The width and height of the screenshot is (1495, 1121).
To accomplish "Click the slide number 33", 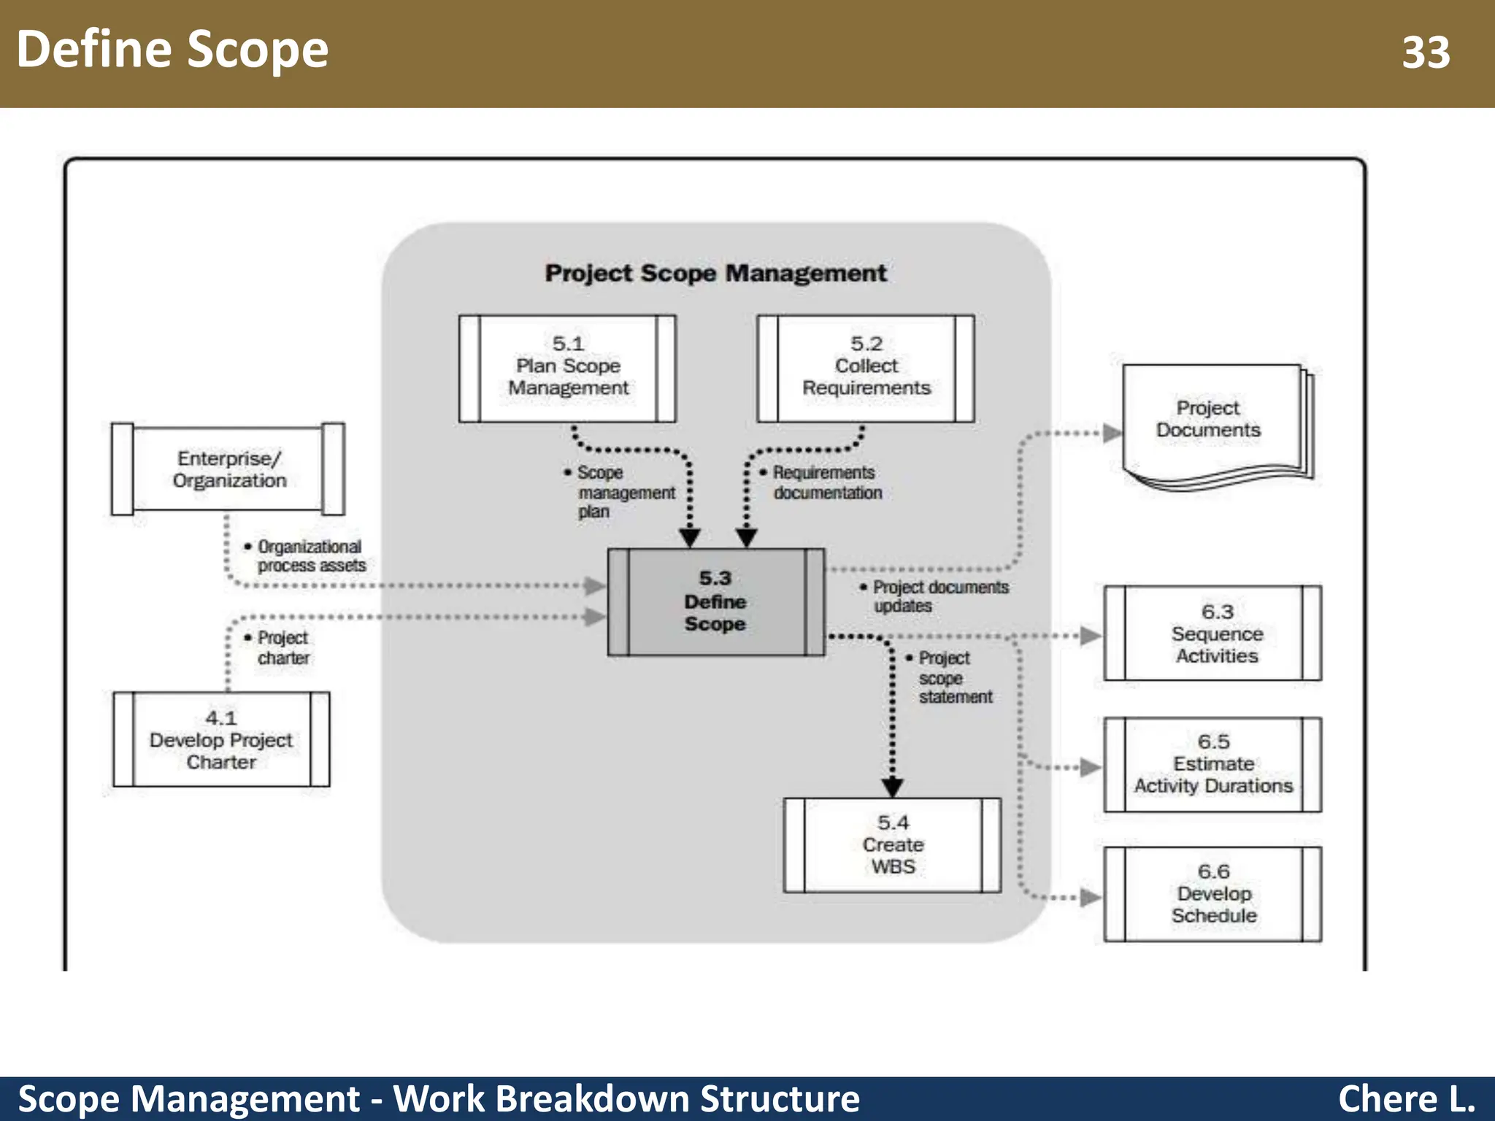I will pos(1426,53).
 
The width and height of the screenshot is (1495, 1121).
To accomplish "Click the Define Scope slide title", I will pos(172,50).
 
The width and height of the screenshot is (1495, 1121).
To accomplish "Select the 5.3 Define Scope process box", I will pos(715,602).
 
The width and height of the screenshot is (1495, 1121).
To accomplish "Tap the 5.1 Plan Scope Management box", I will pos(568,368).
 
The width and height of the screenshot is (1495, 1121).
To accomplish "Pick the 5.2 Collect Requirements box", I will pos(866,368).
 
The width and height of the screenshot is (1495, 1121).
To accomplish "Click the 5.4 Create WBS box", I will pos(892,845).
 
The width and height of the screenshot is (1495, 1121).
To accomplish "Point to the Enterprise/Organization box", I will pos(228,469).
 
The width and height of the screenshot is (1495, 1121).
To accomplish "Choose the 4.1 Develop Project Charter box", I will pos(221,739).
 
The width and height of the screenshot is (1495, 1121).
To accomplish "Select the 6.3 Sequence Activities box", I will pos(1213,633).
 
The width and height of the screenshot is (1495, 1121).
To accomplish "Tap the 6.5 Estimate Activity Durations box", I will pos(1213,764).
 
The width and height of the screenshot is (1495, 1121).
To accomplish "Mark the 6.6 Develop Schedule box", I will pos(1213,894).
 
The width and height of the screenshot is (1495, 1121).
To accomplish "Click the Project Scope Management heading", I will pos(715,273).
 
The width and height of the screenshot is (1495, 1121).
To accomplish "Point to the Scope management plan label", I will pos(624,493).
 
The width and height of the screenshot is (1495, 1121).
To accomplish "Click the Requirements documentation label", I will pos(825,483).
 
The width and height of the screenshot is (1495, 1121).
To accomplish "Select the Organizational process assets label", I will pos(310,556).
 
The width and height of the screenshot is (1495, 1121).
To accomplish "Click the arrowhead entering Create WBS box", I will pos(892,787).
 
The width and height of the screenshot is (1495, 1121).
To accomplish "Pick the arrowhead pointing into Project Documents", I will pos(1112,434).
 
